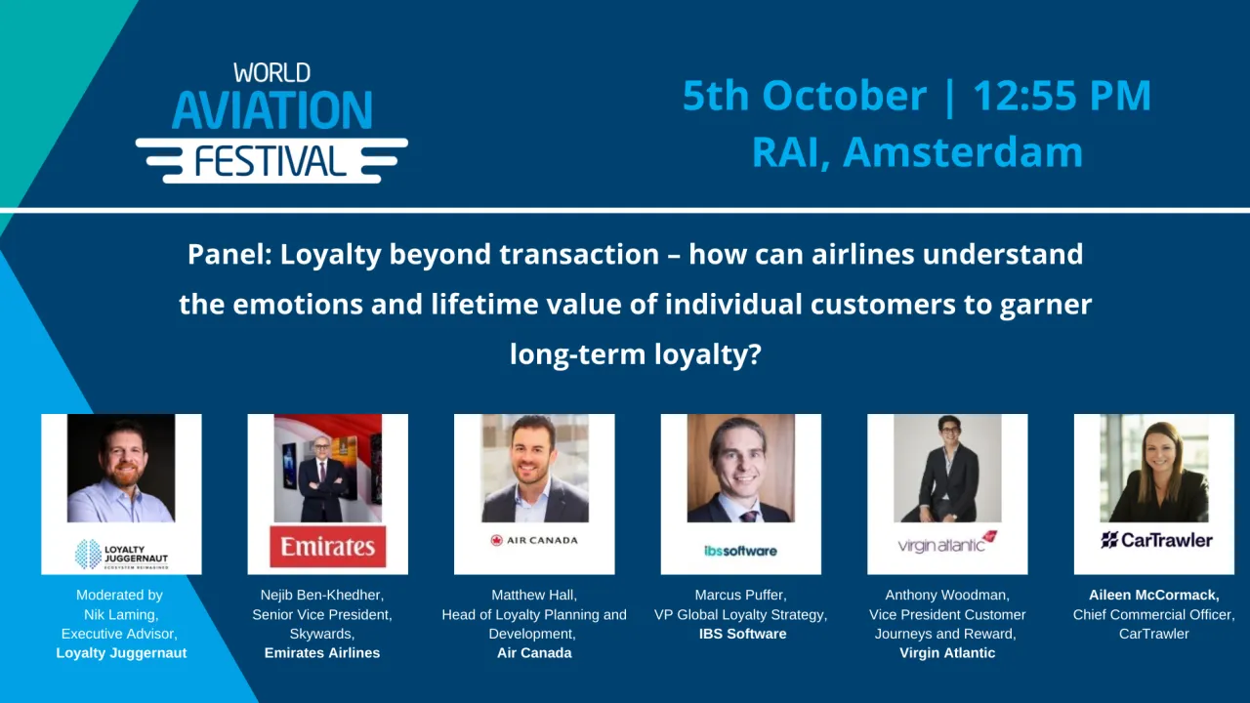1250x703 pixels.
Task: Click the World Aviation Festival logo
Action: [x=271, y=123]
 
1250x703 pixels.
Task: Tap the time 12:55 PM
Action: [x=1062, y=96]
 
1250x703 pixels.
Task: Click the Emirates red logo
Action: [x=327, y=547]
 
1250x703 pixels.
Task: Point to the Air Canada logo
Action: [x=534, y=540]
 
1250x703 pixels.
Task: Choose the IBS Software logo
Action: [x=740, y=551]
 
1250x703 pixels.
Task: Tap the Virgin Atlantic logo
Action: [x=947, y=543]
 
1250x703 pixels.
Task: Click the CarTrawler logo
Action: [x=1156, y=540]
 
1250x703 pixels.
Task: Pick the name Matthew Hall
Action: [x=534, y=595]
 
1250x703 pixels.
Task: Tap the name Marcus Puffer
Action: [x=740, y=595]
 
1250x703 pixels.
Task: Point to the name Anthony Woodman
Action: [x=947, y=595]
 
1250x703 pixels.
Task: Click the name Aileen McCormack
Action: [x=1154, y=595]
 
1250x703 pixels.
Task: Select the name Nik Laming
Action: [x=121, y=614]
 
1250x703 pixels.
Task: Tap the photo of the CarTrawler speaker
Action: [x=1154, y=469]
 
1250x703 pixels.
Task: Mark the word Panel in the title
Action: [x=229, y=255]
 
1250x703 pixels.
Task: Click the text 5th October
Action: [x=804, y=96]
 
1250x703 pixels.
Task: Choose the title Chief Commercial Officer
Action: [x=1154, y=614]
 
